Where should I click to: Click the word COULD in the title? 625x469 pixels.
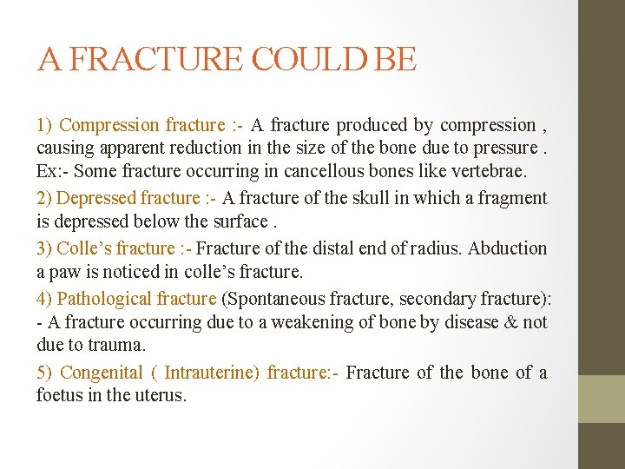click(291, 59)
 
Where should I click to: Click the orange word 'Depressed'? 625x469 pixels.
click(96, 199)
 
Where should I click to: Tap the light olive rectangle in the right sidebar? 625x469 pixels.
click(602, 399)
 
